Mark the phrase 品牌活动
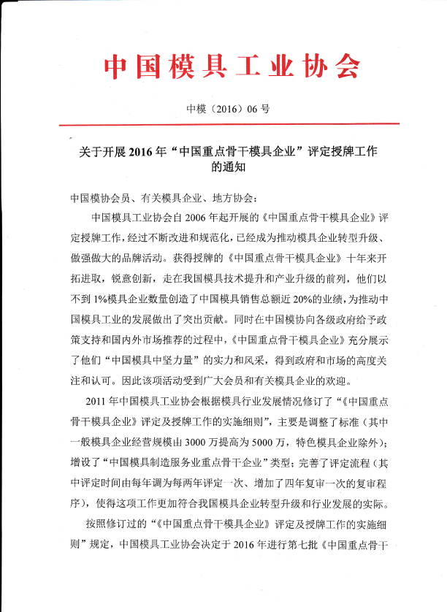point(140,259)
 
